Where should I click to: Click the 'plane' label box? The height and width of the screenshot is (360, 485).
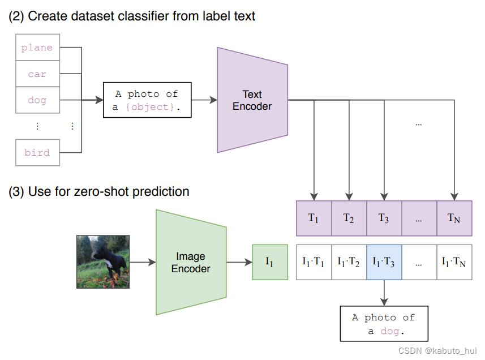coord(37,48)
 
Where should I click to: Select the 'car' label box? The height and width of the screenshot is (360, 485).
coord(37,74)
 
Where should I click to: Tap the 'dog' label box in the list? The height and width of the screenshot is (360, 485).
coord(37,100)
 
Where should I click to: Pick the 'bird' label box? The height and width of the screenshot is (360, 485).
coord(37,152)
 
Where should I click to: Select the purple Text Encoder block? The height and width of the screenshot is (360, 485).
coord(252,100)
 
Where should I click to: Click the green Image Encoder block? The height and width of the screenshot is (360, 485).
coord(191,263)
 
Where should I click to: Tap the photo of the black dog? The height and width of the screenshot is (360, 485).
coord(103,262)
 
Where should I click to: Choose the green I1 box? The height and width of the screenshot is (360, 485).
coord(270,262)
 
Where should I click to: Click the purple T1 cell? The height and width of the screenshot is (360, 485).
coord(314,218)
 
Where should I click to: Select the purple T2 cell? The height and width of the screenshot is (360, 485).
coord(349,218)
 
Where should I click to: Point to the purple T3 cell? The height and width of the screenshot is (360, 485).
coord(384,218)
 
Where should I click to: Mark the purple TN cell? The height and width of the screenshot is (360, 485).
coord(454,218)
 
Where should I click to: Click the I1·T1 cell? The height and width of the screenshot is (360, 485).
coord(314,262)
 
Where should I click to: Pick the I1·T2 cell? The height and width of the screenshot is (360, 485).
coord(349,262)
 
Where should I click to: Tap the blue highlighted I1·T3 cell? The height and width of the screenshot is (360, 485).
coord(384,262)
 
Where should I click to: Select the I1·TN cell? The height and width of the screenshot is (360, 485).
coord(454,262)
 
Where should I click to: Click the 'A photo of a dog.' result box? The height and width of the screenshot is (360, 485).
coord(384,324)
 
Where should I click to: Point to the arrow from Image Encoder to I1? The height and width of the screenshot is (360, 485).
coord(239,262)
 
